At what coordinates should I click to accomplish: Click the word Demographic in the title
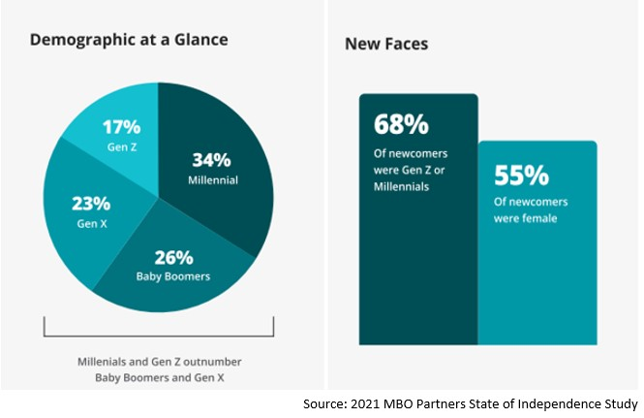point(79,41)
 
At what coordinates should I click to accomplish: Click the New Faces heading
point(386,45)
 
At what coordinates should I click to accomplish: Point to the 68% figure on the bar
point(401,126)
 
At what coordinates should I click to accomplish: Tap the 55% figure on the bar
point(521,176)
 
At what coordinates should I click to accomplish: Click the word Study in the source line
point(616,403)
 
